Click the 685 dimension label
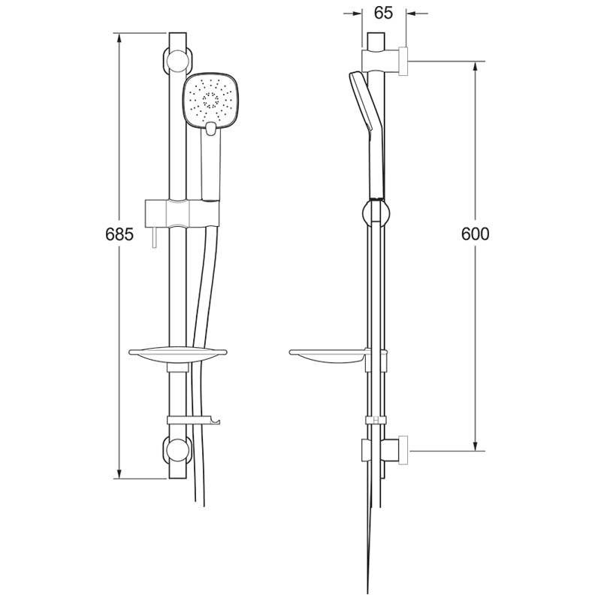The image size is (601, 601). click(x=119, y=234)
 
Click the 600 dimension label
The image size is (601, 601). click(x=475, y=234)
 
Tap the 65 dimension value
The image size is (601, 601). click(x=382, y=13)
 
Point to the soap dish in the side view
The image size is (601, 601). click(x=329, y=354)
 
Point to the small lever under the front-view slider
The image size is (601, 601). click(x=153, y=238)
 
